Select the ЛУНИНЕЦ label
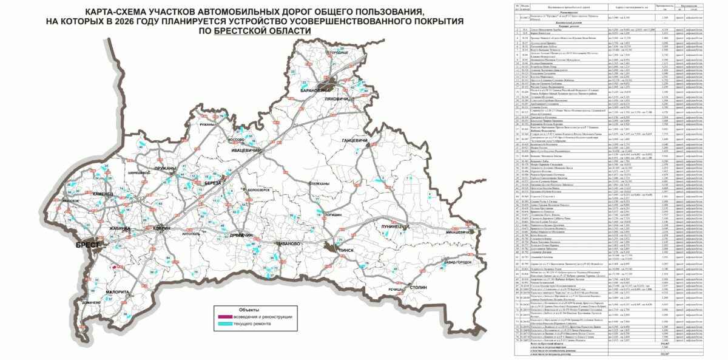coord(394,226)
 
